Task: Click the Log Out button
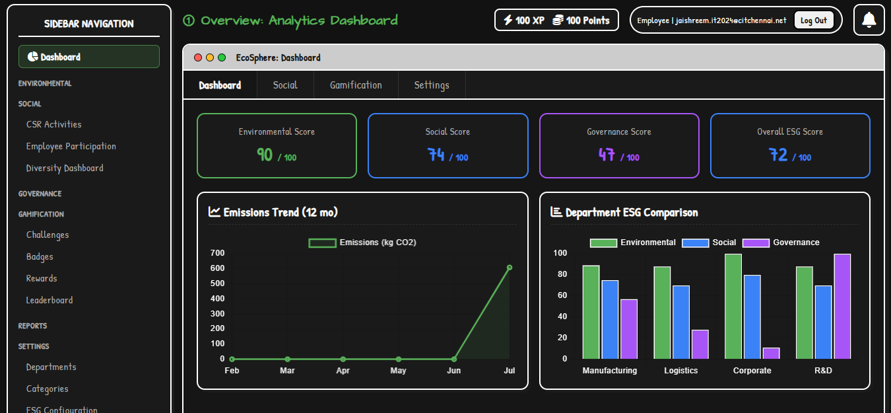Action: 813,20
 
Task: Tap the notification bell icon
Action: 869,20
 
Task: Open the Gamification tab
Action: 356,85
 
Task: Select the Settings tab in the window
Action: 432,85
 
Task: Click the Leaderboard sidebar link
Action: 49,300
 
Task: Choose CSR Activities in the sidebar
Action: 53,124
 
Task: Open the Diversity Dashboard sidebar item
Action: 65,168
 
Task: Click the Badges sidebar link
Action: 40,256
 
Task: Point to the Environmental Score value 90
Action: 265,155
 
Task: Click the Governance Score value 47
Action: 607,155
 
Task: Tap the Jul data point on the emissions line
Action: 509,268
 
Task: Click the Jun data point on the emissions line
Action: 454,359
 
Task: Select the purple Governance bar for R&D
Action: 842,306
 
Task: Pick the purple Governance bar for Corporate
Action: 772,354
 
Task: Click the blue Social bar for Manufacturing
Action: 610,319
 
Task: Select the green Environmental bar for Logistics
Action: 662,313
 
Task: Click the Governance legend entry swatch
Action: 756,243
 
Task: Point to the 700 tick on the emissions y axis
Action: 217,253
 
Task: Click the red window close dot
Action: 198,57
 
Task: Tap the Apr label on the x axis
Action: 343,371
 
